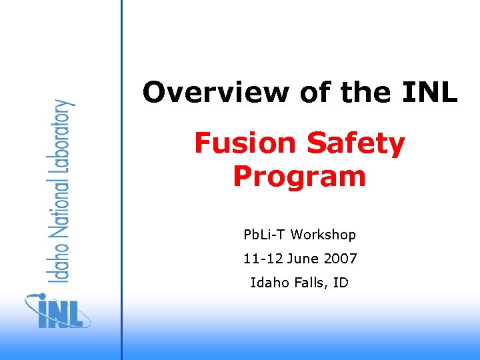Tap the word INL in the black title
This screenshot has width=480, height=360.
pos(430,93)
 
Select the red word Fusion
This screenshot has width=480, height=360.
pos(245,143)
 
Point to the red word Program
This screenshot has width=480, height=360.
pos(299,177)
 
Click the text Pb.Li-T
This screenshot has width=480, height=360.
pos(265,235)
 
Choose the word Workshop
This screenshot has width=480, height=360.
pos(323,235)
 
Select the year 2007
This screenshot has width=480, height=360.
pos(340,259)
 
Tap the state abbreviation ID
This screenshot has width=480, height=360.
pos(341,283)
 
